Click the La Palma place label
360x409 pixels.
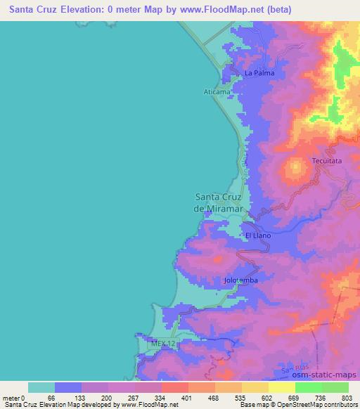coord(259,73)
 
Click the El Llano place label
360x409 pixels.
coord(257,235)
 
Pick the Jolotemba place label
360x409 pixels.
coord(240,280)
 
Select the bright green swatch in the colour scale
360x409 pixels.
coord(309,387)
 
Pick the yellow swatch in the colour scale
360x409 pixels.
coord(281,387)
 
